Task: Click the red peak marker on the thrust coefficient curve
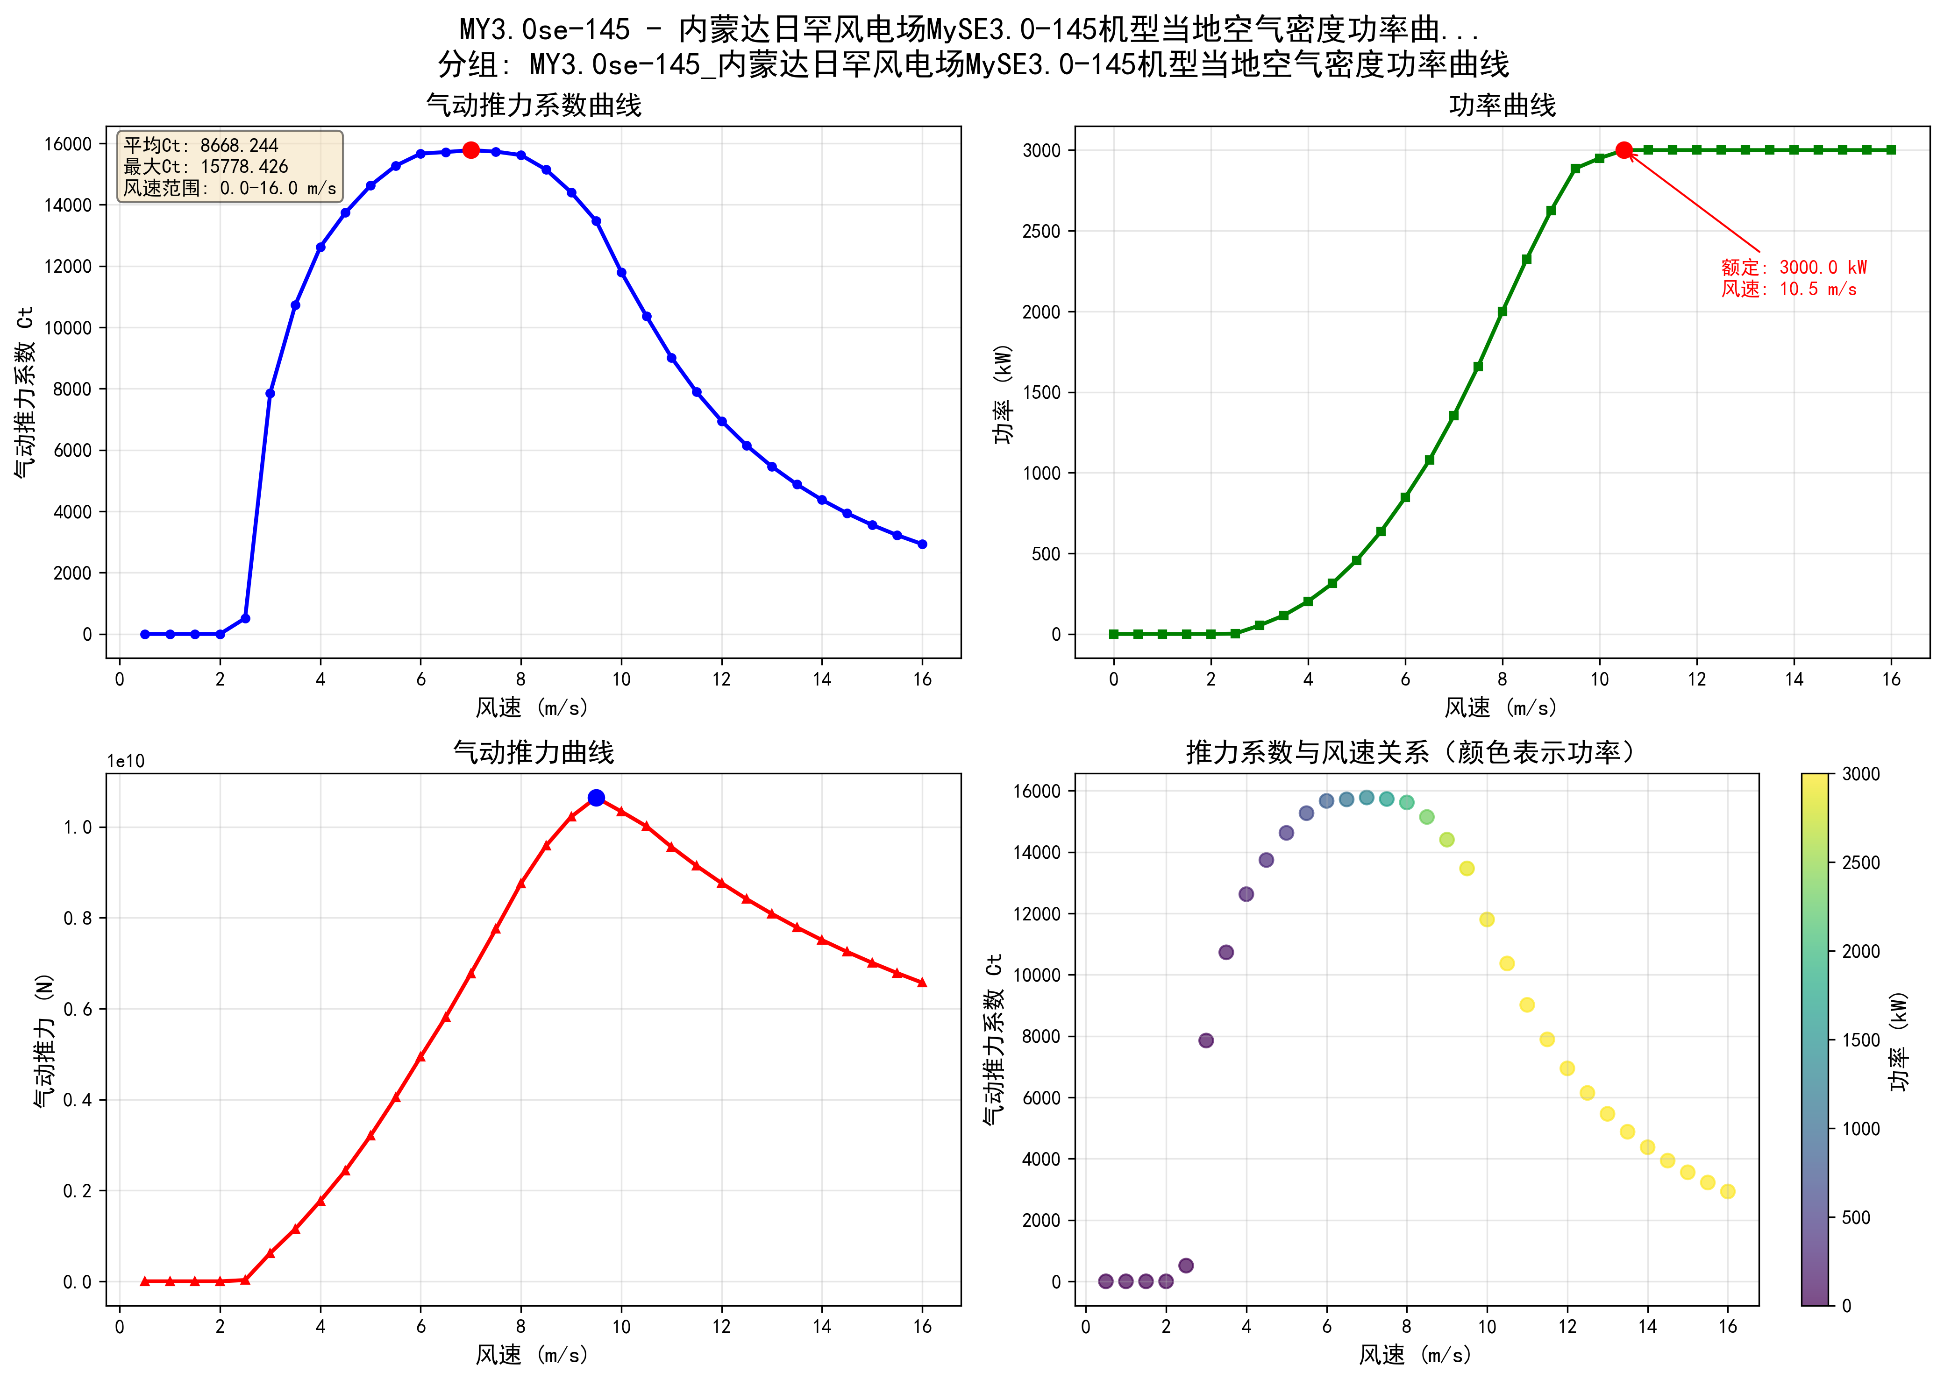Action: click(470, 150)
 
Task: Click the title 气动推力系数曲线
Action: click(534, 105)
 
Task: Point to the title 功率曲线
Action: click(1502, 105)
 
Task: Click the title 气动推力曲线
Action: click(534, 752)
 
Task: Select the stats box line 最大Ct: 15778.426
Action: click(207, 166)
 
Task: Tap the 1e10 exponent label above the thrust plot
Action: click(126, 762)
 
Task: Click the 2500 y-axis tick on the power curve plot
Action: click(1041, 232)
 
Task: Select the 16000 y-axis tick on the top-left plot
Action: click(68, 144)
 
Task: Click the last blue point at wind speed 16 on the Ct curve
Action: click(922, 545)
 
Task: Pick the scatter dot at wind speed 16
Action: click(1727, 1191)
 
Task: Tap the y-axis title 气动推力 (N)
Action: click(44, 1040)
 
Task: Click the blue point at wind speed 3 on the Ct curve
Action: click(270, 393)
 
